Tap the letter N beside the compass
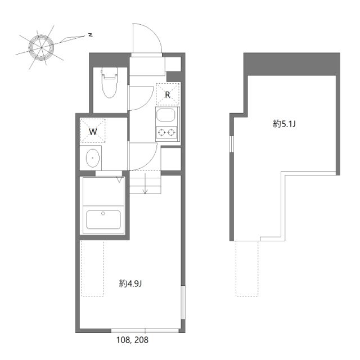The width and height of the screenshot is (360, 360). click(90, 35)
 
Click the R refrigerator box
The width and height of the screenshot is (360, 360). click(168, 94)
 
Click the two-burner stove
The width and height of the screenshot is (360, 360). click(167, 133)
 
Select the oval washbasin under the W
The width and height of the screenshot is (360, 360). click(93, 159)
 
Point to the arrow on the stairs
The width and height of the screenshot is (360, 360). click(145, 185)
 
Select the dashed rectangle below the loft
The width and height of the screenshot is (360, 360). click(247, 268)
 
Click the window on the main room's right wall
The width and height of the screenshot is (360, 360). click(182, 307)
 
